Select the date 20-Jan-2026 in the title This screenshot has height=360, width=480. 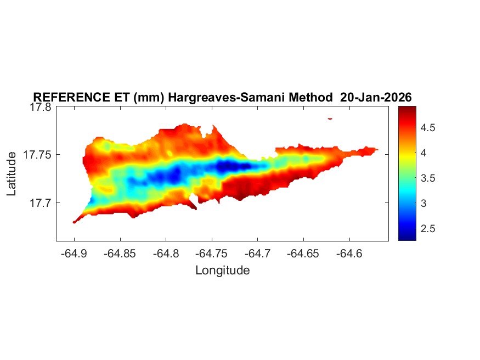tap(376, 98)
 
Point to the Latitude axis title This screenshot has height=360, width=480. tap(12, 174)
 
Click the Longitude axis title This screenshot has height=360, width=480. tap(222, 270)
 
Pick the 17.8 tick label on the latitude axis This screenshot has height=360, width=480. tap(40, 107)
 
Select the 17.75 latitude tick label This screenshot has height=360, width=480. tap(37, 155)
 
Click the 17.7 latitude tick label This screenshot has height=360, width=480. tap(40, 203)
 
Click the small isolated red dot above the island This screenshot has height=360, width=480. tap(330, 118)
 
